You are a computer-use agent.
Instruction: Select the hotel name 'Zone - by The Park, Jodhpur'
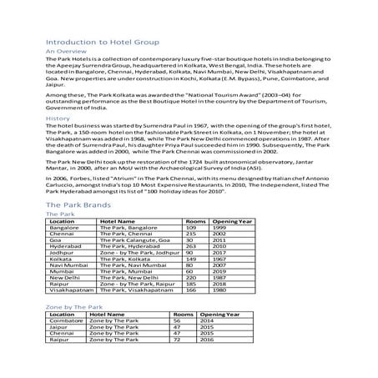139,254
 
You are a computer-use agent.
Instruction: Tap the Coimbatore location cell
67,322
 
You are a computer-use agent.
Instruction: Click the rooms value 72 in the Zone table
176,340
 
